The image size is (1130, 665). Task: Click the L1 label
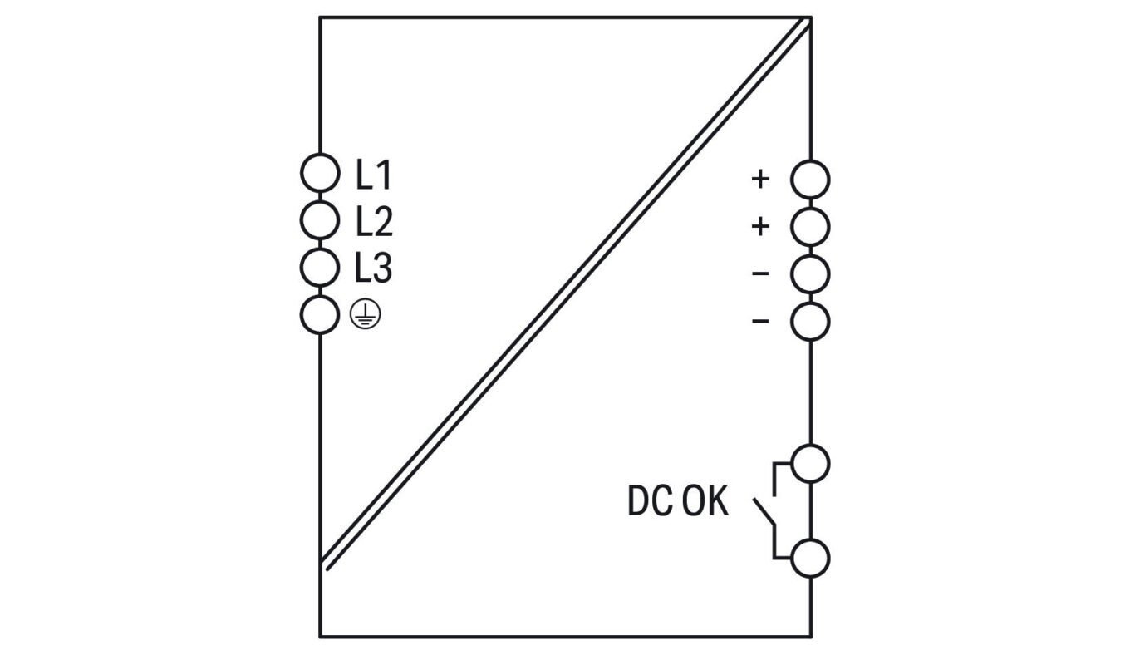tap(373, 175)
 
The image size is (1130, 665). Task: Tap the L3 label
tap(373, 268)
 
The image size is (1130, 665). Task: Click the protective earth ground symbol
tap(366, 315)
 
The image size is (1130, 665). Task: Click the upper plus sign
tap(760, 179)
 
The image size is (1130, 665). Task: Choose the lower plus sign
tap(760, 227)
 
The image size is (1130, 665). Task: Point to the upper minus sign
tap(760, 274)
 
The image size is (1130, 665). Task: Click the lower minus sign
tap(760, 321)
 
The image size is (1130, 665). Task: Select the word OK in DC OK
tap(705, 500)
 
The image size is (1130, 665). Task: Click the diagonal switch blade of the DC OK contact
tap(764, 513)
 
